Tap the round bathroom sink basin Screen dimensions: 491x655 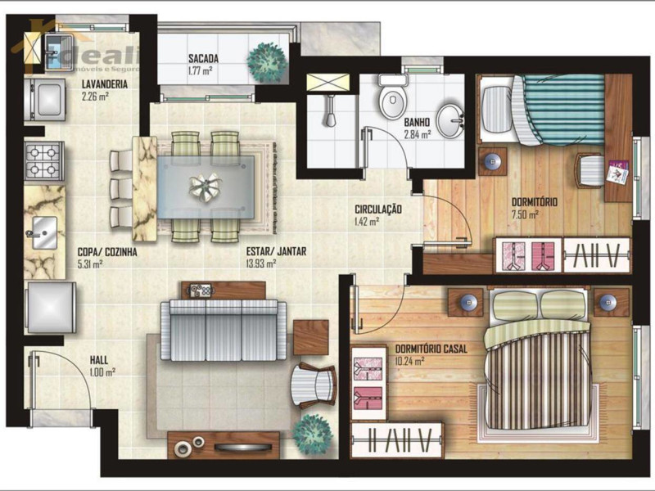click(449, 120)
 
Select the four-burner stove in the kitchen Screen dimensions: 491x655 click(45, 160)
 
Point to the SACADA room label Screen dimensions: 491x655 click(203, 59)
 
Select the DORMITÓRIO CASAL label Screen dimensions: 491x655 click(431, 349)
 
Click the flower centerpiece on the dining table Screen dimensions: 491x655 click(206, 187)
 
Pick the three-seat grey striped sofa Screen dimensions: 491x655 click(223, 330)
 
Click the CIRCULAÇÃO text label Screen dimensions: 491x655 click(378, 209)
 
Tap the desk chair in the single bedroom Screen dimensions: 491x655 click(591, 169)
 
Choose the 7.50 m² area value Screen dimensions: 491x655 click(524, 214)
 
